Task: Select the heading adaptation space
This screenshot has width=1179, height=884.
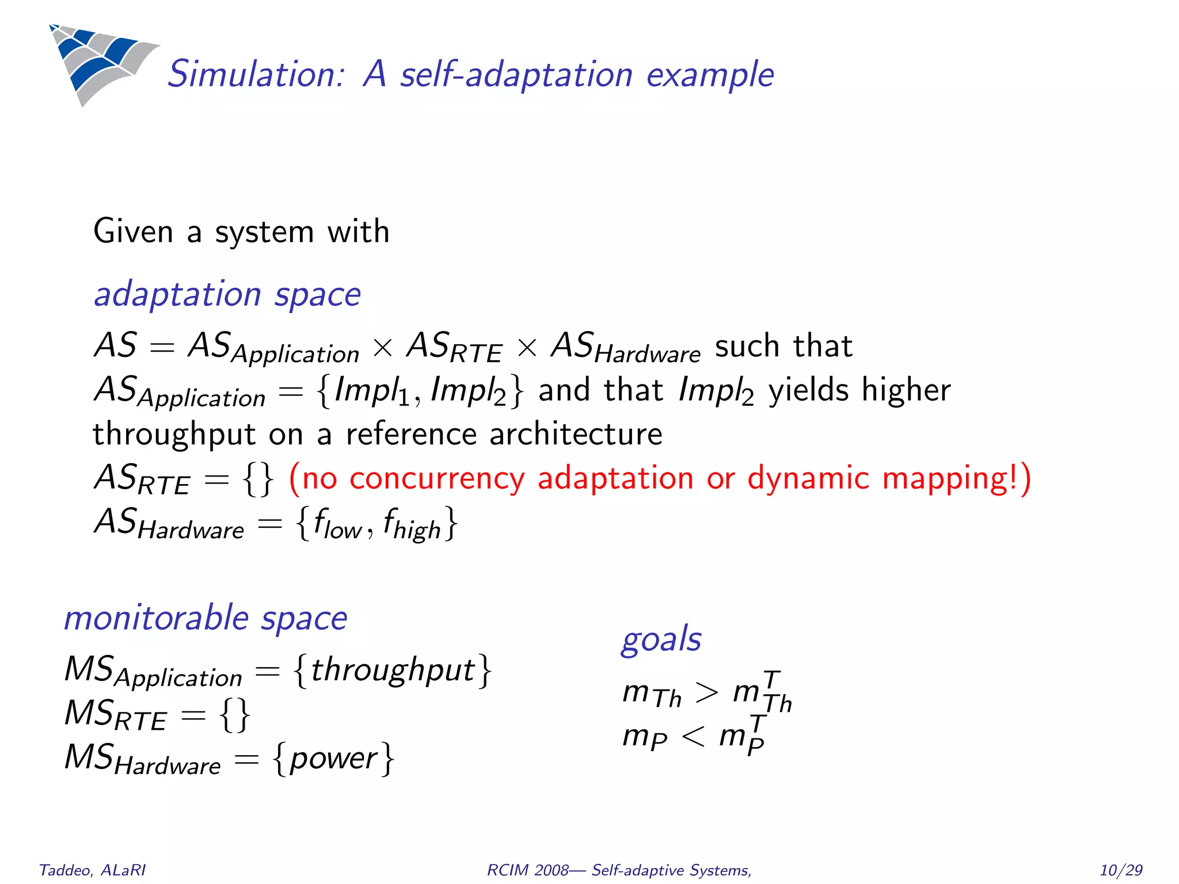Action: click(x=227, y=295)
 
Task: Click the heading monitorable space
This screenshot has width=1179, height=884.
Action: click(x=206, y=618)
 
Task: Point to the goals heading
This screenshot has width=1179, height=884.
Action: click(x=661, y=639)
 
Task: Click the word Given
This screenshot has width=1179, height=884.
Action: click(x=133, y=231)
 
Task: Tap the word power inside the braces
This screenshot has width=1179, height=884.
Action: click(x=334, y=759)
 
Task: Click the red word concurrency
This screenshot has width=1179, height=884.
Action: click(x=437, y=478)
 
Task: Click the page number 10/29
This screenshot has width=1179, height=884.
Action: click(x=1120, y=870)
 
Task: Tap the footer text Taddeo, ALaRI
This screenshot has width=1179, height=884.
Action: click(x=92, y=870)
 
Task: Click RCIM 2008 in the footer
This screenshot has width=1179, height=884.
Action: click(x=527, y=870)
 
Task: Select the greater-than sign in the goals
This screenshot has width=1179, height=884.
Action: click(x=706, y=692)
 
